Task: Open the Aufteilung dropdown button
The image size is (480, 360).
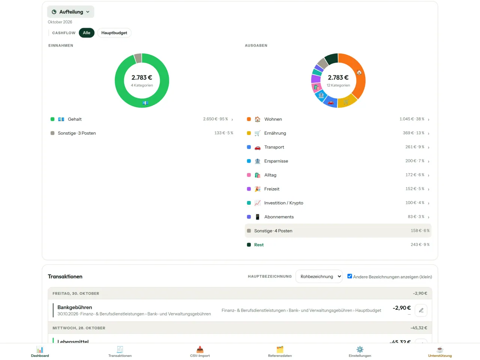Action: [70, 12]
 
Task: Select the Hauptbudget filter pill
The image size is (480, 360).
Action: [114, 33]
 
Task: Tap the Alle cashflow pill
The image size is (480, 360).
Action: [86, 33]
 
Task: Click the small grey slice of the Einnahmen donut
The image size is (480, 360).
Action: [138, 58]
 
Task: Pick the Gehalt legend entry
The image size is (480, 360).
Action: [75, 119]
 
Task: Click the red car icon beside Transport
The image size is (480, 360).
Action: [257, 147]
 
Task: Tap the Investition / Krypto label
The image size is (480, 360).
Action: [283, 203]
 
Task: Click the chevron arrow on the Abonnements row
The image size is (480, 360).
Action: [428, 217]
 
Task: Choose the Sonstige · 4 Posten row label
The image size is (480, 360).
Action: [273, 231]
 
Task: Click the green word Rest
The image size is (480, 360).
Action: [259, 245]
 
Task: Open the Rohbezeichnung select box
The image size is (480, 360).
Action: [319, 276]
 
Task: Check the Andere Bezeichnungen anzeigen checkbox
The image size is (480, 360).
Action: [349, 276]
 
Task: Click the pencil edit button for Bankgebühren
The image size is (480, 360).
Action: [421, 310]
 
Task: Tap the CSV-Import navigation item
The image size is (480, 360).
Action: [199, 352]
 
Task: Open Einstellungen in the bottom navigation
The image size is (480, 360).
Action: [360, 352]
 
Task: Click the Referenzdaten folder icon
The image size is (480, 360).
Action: [280, 349]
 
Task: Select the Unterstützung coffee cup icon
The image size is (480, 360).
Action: [440, 349]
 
